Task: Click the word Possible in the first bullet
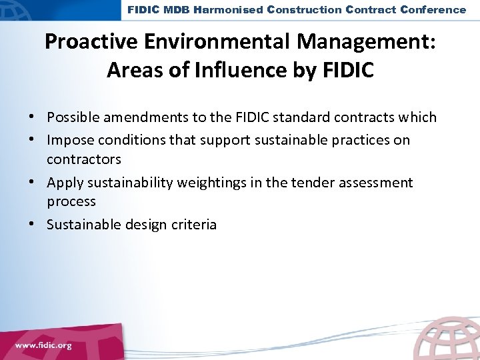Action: point(70,117)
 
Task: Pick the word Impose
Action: point(67,140)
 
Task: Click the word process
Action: point(71,201)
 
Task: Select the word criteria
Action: point(193,225)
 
